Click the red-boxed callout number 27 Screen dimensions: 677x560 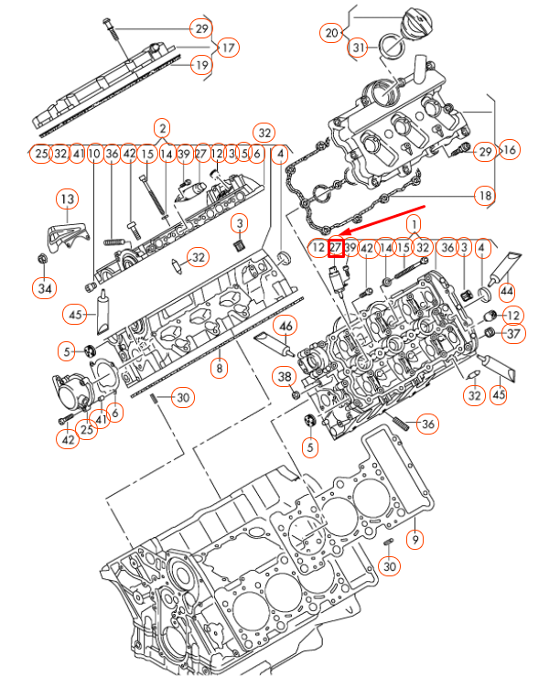point(336,246)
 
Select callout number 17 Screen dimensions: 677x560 point(227,47)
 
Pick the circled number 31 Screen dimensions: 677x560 point(359,48)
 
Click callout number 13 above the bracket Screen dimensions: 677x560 point(67,199)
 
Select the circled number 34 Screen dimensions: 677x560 point(44,290)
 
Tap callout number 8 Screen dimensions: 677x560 point(219,369)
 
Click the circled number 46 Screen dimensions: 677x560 point(285,325)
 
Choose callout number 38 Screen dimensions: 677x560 point(285,376)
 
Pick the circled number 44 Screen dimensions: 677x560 point(504,292)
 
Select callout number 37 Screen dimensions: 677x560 point(512,334)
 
